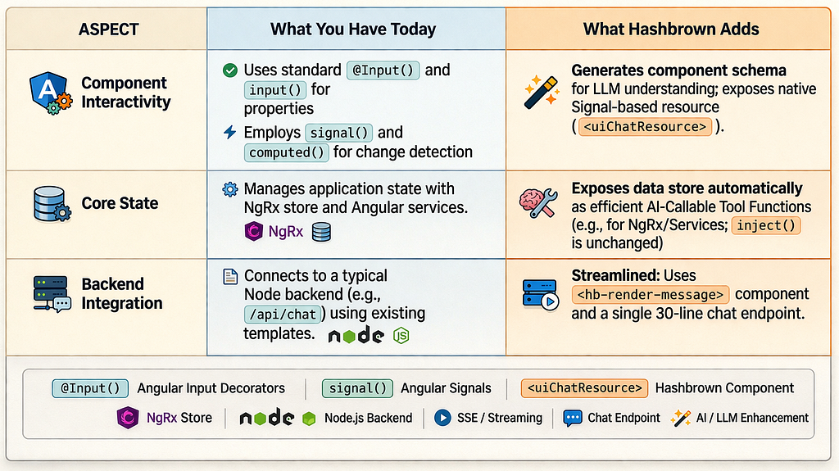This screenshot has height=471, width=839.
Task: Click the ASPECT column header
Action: [109, 29]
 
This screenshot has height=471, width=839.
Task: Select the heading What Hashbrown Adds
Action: [671, 29]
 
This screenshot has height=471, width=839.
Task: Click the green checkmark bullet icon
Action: [230, 70]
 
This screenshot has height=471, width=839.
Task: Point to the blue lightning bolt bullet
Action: [229, 132]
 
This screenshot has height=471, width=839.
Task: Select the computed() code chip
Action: [286, 152]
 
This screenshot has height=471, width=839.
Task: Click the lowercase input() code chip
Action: [275, 90]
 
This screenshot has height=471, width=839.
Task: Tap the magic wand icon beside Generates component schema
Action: [542, 93]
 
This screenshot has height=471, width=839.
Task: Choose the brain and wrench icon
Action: [538, 203]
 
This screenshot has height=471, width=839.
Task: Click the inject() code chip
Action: [766, 225]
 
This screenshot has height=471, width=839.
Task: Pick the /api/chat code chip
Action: [283, 315]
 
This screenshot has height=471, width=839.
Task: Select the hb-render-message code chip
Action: [650, 294]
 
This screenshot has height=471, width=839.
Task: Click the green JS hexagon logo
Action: [401, 335]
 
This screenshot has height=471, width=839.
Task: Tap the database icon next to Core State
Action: [52, 204]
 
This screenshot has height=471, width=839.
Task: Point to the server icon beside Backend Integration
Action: [52, 293]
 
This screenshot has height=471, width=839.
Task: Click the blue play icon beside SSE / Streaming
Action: [442, 418]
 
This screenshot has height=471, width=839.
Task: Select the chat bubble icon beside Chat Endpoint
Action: [572, 418]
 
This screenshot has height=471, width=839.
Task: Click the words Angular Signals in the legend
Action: [446, 388]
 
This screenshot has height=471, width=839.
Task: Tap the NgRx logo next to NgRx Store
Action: [128, 418]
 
